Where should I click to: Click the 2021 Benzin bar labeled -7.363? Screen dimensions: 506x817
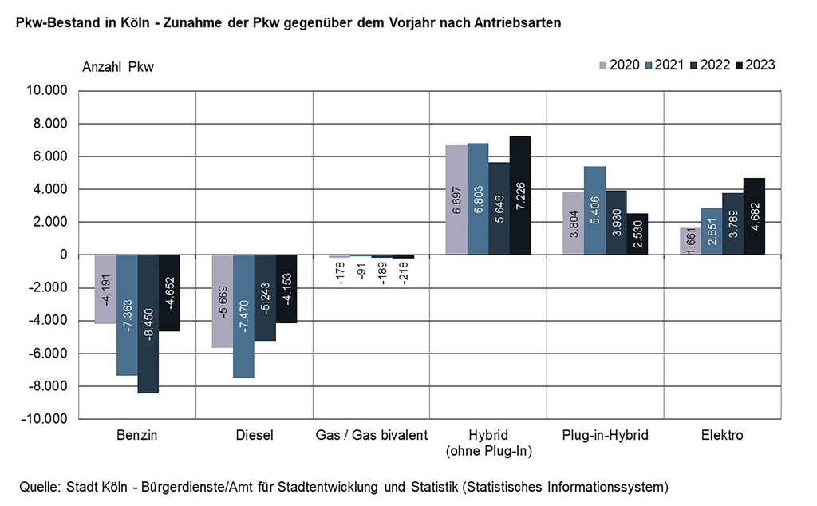(x=127, y=314)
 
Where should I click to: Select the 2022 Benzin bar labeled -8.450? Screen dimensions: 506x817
(x=148, y=323)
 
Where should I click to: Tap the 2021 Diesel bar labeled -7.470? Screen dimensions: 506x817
(x=243, y=316)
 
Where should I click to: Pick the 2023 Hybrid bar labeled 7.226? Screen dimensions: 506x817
(x=520, y=196)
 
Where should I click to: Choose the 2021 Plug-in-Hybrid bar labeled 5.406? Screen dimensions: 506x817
(x=594, y=211)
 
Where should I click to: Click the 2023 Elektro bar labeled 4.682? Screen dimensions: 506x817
(x=754, y=216)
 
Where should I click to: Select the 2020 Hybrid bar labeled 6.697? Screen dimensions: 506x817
(x=456, y=200)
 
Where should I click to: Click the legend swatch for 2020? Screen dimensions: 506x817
(x=602, y=65)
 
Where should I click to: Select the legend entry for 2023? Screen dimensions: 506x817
(x=754, y=65)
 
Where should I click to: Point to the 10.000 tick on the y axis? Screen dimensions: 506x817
(x=48, y=91)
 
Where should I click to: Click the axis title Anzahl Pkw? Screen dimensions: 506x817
(x=118, y=67)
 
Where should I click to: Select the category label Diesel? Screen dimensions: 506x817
(x=255, y=436)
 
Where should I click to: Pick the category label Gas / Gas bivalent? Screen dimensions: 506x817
(x=371, y=436)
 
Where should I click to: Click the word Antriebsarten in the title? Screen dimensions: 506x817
(x=516, y=22)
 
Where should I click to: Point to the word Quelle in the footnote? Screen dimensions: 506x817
(x=37, y=485)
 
